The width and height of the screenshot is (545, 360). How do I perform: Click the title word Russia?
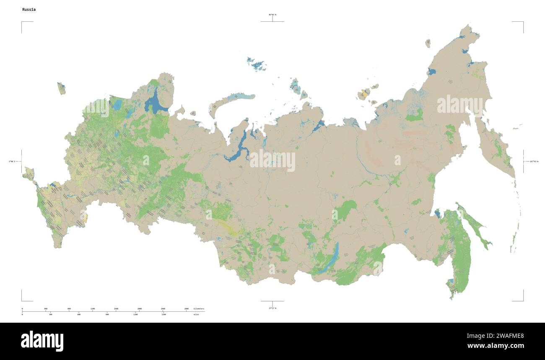pyautogui.click(x=29, y=9)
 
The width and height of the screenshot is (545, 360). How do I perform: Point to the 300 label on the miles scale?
pyautogui.click(x=50, y=314)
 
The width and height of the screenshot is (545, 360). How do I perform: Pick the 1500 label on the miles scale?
pyautogui.click(x=163, y=314)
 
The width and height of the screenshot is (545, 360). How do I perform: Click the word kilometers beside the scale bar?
pyautogui.click(x=199, y=309)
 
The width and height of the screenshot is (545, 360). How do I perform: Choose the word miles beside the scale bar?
pyautogui.click(x=196, y=314)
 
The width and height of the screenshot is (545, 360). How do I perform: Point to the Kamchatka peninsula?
pyautogui.click(x=497, y=147)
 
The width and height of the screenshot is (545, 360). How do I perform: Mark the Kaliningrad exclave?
pyautogui.click(x=61, y=88)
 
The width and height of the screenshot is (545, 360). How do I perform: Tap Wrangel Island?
pyautogui.click(x=428, y=43)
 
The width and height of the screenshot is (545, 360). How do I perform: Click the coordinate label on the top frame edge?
pyautogui.click(x=272, y=15)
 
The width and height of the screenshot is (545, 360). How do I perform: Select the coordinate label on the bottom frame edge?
pyautogui.click(x=272, y=308)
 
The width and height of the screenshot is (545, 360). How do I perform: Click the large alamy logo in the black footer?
pyautogui.click(x=42, y=341)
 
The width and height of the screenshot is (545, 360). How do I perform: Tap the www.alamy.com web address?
pyautogui.click(x=495, y=346)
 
